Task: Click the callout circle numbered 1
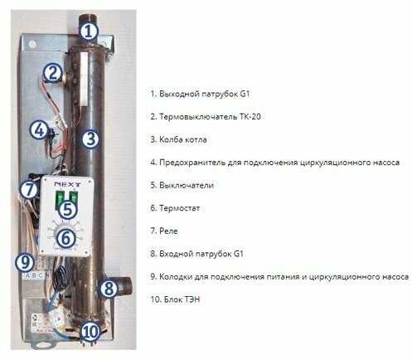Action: coord(89,32)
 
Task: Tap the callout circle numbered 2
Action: coord(52,73)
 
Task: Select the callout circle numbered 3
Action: coord(90,139)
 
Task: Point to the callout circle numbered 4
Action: coord(40,130)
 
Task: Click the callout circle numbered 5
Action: coord(67,210)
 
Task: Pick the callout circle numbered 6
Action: coord(66,238)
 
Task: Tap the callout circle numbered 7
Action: coord(29,190)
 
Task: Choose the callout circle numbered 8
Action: coord(109,289)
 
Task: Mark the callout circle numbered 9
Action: coord(25,262)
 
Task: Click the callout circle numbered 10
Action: coord(90,331)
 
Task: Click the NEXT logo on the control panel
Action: coord(67,184)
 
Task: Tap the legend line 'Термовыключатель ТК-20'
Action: coord(206,116)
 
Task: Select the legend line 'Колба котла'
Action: coord(178,139)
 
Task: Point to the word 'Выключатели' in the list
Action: coord(187,185)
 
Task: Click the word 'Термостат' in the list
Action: coord(179,208)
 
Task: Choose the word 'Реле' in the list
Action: coord(168,231)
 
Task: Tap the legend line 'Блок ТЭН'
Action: coord(175,299)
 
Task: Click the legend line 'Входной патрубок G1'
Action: coord(196,254)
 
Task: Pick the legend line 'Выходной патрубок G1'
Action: coord(200,94)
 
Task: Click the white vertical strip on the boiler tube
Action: coord(84,80)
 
